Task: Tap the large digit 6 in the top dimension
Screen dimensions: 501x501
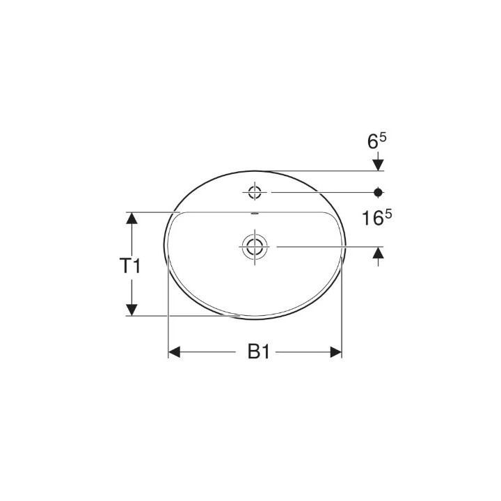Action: pos(374,142)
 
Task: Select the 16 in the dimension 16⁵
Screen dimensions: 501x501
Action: pos(370,219)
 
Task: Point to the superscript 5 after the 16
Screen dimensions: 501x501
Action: pos(388,214)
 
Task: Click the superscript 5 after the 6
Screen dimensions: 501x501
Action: pos(383,137)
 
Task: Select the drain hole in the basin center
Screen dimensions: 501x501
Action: pos(254,245)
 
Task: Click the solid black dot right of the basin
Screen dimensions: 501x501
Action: pos(379,191)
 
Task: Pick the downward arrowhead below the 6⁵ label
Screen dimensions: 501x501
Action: pos(379,164)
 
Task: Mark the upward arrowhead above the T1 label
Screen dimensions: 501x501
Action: pos(130,218)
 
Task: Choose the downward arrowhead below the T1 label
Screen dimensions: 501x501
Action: pos(130,309)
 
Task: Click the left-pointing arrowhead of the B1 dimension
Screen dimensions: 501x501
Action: pos(175,353)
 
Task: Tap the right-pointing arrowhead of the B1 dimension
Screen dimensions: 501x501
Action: pos(336,353)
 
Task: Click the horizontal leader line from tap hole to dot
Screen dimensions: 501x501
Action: pos(320,191)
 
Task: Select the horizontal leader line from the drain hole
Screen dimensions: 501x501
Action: pos(327,246)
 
